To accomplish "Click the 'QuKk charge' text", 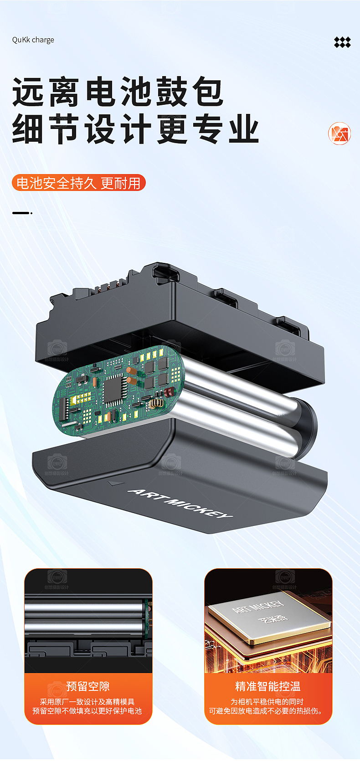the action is (33, 40).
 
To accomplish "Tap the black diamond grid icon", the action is (342, 42).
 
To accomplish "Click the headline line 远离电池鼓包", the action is (118, 92).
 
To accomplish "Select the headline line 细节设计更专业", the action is (135, 129).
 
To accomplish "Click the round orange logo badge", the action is (339, 134).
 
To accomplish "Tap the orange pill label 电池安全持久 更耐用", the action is (79, 183).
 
